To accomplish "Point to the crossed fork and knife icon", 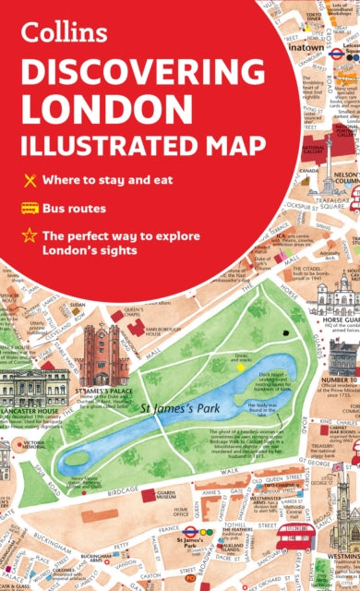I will [x=29, y=178].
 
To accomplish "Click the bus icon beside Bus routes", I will [x=29, y=208].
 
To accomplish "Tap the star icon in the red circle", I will [x=29, y=237].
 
